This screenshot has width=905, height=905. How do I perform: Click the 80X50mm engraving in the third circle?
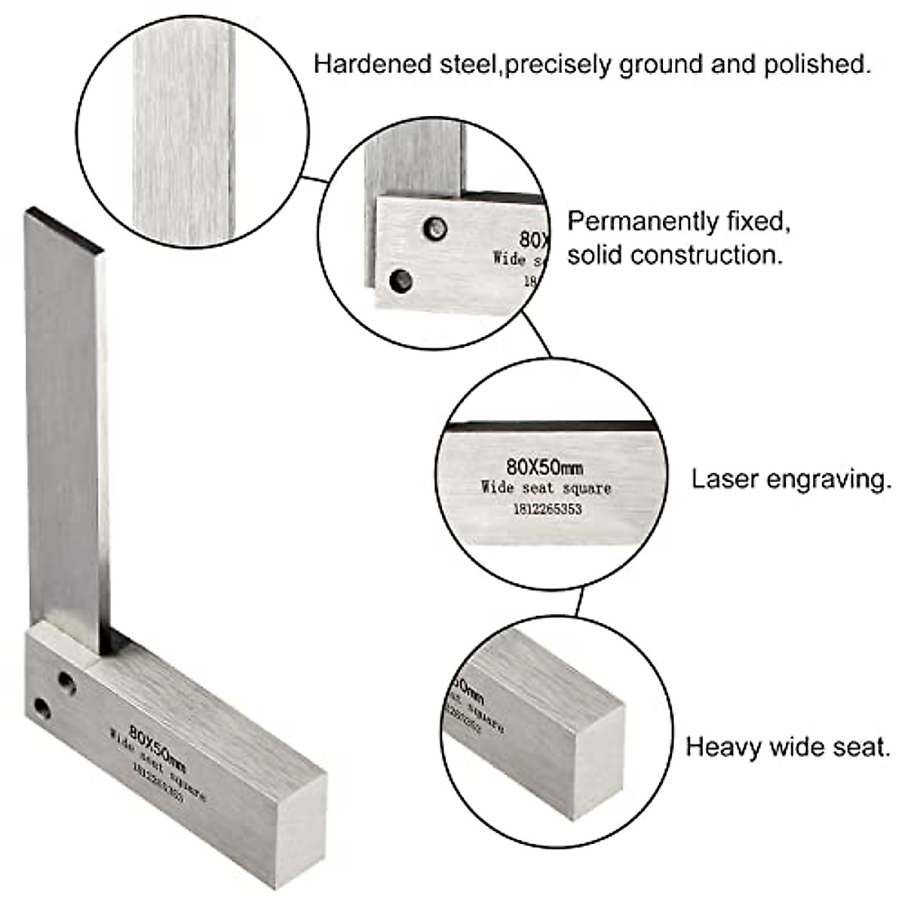click(x=544, y=467)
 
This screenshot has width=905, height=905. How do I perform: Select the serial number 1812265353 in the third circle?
click(x=547, y=509)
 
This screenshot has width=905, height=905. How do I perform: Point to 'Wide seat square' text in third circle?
click(x=546, y=488)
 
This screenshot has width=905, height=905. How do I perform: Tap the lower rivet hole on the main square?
click(x=41, y=708)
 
